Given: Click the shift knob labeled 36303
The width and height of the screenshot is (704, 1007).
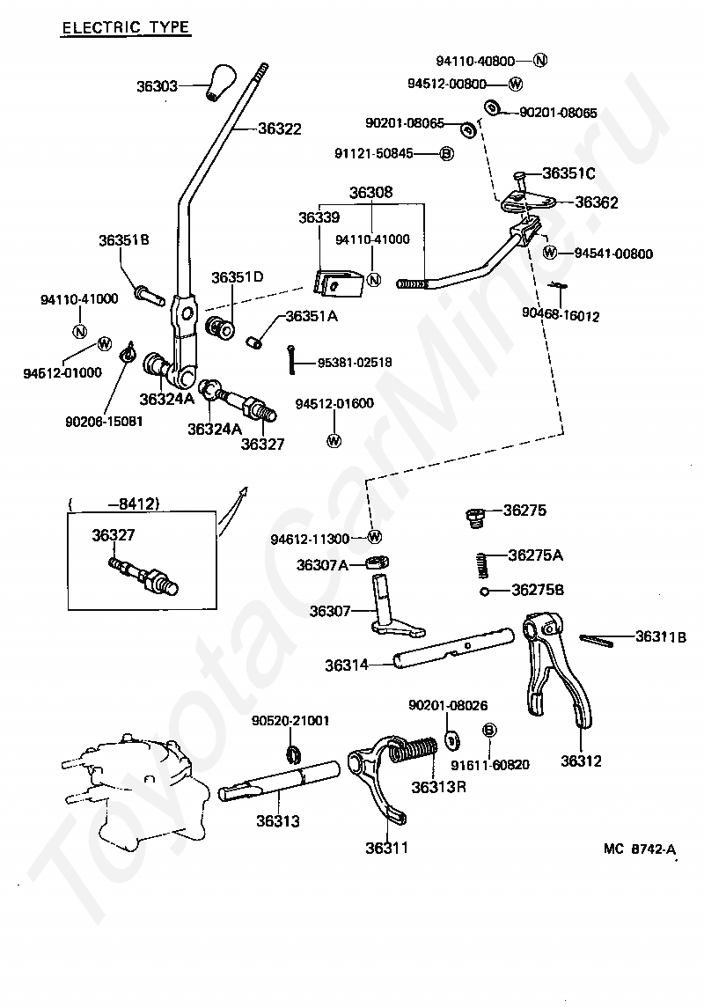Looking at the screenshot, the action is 221,82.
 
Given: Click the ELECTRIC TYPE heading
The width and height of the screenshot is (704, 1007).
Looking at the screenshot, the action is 126,27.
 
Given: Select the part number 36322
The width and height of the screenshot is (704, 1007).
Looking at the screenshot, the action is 279,129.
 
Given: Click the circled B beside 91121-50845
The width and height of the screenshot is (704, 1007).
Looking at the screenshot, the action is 447,153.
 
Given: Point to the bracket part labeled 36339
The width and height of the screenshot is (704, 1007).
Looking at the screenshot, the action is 338,283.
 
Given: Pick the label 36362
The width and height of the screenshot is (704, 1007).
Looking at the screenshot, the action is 596,202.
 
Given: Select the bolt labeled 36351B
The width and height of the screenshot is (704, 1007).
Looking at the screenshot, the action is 150,296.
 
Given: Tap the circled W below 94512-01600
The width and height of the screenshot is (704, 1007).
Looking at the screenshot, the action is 334,440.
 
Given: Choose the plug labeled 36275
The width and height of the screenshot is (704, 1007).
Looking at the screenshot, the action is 473,518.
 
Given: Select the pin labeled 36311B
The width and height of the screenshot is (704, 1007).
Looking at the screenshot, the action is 598,639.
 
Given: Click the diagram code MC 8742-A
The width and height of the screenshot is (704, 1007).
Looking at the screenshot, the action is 640,849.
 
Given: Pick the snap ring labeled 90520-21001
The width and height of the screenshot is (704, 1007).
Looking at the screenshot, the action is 293,754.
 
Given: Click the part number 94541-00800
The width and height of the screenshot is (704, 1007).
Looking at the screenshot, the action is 613,253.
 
